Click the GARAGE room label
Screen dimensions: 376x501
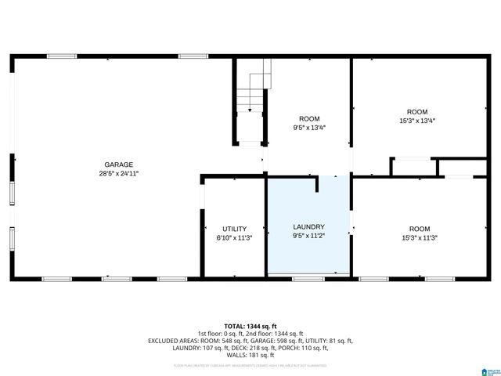[x=119, y=164]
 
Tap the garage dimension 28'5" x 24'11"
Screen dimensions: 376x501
[x=119, y=174]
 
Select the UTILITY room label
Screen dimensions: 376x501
[x=234, y=229]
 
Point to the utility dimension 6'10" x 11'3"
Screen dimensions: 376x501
[x=234, y=238]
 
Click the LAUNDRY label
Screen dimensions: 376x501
[x=308, y=227]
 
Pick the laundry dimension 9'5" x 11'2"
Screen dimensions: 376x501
[x=308, y=237]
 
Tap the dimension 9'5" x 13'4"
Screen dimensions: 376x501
[x=309, y=128]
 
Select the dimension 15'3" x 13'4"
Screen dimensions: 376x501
[x=416, y=121]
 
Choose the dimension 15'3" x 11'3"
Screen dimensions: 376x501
[x=420, y=238]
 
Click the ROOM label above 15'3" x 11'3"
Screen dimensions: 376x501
[x=420, y=229]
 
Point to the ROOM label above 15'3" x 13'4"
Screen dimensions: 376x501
[x=416, y=111]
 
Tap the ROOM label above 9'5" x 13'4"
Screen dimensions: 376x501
[x=309, y=119]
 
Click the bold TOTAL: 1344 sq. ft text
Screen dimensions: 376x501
[x=250, y=326]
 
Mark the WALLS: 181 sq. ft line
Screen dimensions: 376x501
[x=250, y=355]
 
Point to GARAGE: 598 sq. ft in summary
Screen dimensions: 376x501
[x=269, y=341]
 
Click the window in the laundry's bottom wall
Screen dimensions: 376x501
[x=308, y=279]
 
